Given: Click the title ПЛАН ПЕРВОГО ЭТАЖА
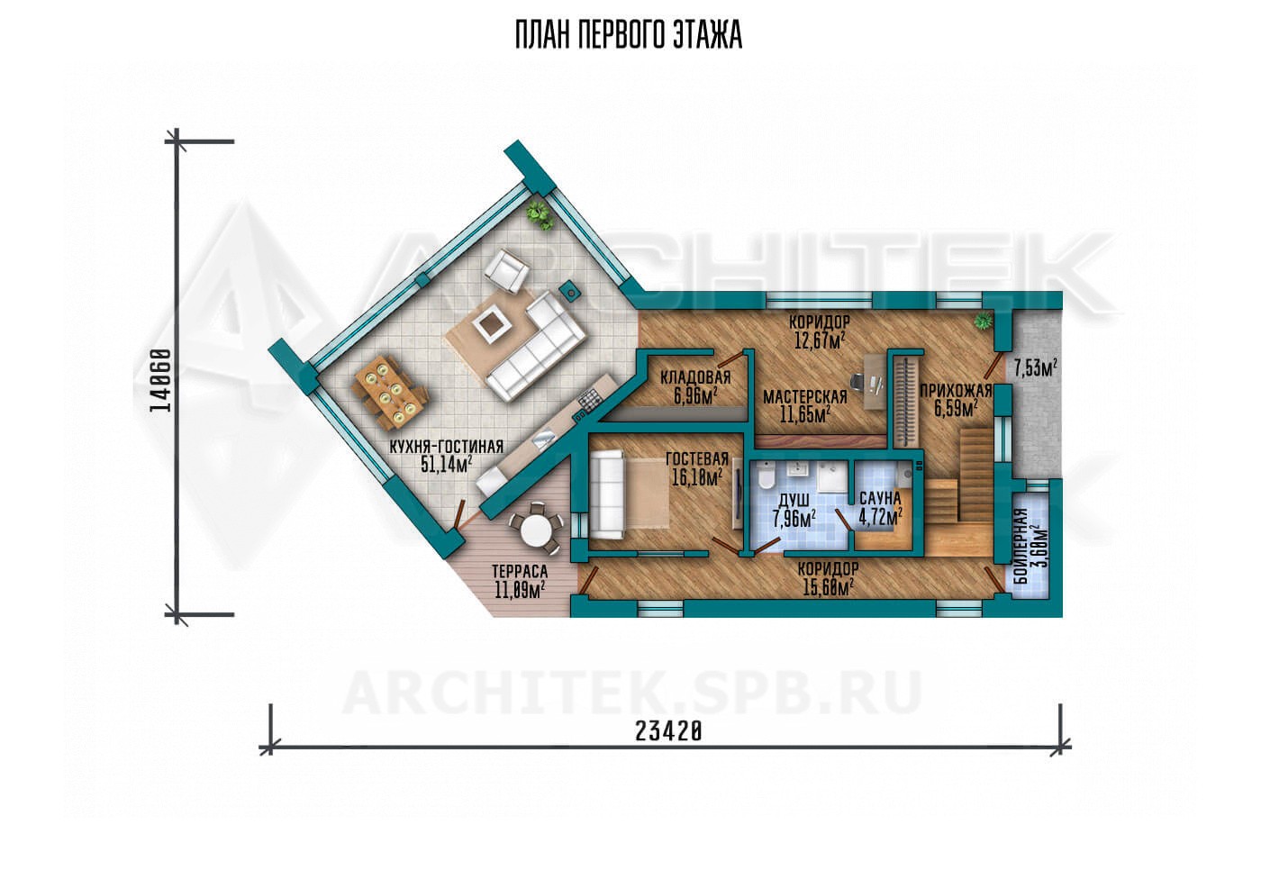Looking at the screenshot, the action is [629, 35].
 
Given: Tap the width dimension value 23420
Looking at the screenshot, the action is [668, 731].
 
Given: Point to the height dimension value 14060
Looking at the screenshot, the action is [160, 380].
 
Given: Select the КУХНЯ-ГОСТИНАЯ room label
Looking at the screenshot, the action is [447, 447].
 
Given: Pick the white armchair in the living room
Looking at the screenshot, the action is [506, 271].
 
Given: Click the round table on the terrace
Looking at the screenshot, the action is [535, 529].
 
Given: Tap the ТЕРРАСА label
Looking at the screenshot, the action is [520, 571].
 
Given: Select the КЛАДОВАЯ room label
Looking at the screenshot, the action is [695, 377].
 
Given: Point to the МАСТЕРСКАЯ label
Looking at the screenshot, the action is [805, 397].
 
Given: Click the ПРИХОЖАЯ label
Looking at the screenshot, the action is [956, 391].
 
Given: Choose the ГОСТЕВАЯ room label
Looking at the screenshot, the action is [697, 459].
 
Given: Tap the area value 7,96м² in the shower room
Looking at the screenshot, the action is [794, 518].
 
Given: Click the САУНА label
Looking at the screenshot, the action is [881, 499].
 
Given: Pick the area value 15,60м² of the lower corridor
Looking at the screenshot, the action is [828, 587].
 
